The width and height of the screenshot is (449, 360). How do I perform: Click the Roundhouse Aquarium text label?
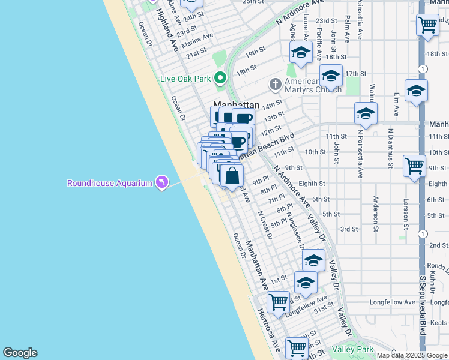point(109,183)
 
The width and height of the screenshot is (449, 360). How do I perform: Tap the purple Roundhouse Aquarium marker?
point(161,182)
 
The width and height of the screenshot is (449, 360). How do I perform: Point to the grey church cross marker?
point(276,84)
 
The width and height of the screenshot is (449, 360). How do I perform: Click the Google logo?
point(20,353)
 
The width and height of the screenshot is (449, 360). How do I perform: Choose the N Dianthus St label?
point(391,148)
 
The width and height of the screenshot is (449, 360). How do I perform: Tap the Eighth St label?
point(312,184)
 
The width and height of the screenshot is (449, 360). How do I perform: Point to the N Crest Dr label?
point(265,225)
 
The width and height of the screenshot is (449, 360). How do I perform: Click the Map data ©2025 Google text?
point(411,355)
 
